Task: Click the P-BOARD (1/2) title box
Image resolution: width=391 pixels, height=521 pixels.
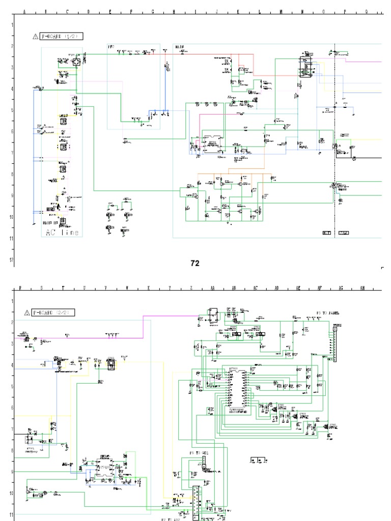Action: [x=62, y=36]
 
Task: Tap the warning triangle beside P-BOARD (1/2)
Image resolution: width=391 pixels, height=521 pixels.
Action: [x=35, y=37]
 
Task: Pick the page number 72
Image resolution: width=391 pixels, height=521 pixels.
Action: [x=194, y=263]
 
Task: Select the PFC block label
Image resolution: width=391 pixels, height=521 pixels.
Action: [x=111, y=47]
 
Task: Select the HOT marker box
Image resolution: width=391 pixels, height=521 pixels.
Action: [x=326, y=233]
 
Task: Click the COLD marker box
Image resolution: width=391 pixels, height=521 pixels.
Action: [x=344, y=233]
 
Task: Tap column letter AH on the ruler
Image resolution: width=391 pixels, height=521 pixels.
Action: [x=362, y=288]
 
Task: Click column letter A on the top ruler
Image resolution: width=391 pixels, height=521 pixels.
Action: [x=24, y=12]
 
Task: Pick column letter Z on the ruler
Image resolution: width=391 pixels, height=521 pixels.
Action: [x=191, y=288]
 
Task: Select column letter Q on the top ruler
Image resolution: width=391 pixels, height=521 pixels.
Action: [x=367, y=12]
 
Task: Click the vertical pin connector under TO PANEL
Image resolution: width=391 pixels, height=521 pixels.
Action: [x=334, y=343]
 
